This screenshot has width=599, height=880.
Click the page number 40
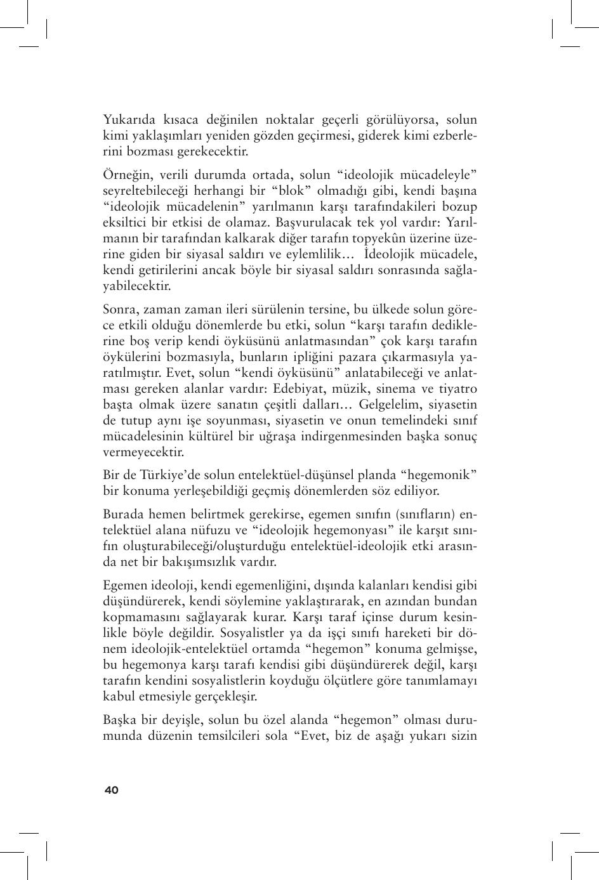coord(111,790)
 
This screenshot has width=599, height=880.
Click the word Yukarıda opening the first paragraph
coord(129,120)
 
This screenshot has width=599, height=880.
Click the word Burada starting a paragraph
coord(124,514)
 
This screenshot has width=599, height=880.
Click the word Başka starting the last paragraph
coord(121,720)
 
